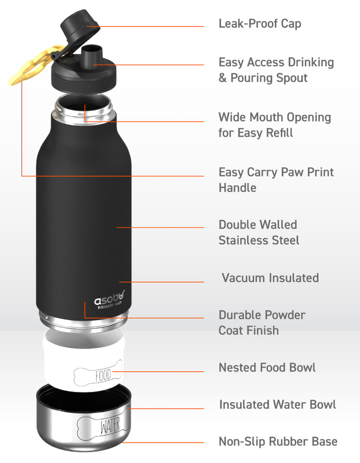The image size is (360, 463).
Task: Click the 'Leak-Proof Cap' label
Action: click(260, 23)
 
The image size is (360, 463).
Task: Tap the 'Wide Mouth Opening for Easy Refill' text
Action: click(274, 125)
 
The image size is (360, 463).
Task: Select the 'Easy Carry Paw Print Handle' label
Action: click(276, 179)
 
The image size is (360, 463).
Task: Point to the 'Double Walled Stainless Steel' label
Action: click(259, 232)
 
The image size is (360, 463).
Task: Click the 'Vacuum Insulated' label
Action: click(270, 277)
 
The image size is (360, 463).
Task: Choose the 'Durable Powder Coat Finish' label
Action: click(261, 322)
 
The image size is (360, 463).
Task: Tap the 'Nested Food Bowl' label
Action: click(267, 367)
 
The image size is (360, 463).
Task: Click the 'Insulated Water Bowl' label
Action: click(277, 404)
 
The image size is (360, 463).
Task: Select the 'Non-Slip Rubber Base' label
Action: click(278, 441)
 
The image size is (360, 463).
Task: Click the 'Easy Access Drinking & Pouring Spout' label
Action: click(276, 70)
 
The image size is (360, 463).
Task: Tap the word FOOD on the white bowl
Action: click(103, 375)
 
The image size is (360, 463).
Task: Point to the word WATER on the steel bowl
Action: click(110, 425)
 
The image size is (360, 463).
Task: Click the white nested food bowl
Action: click(85, 360)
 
